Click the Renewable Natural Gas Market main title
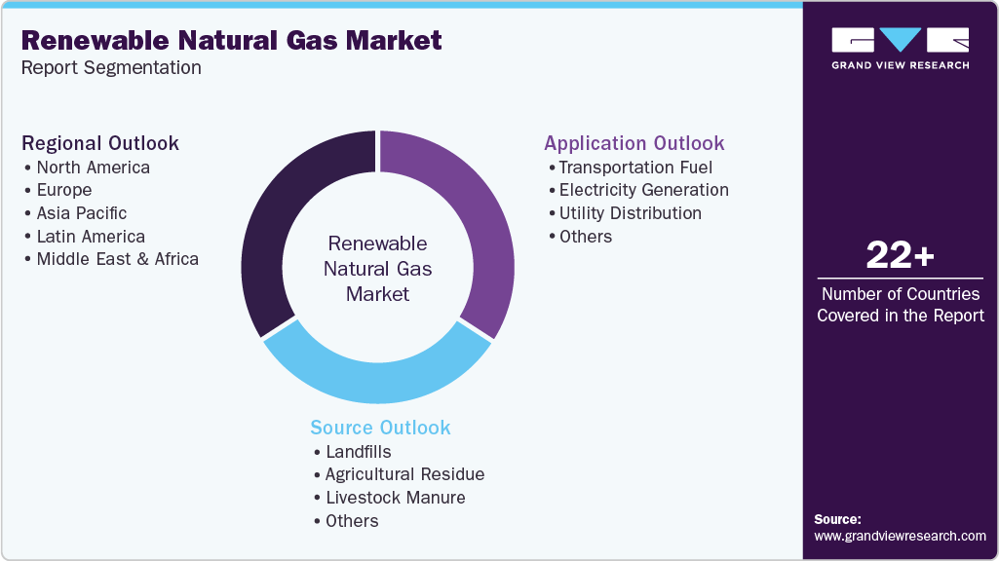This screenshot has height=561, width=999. (x=231, y=40)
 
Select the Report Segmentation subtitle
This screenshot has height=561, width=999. (x=111, y=68)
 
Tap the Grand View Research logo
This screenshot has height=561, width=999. (x=900, y=48)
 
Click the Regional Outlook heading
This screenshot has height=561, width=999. (x=100, y=143)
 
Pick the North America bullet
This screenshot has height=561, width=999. (x=93, y=168)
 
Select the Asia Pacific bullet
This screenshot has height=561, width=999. (x=81, y=213)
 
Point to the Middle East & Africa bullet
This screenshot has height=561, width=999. (x=117, y=259)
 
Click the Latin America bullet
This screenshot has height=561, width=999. (x=91, y=237)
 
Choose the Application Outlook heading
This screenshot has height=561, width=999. (x=634, y=143)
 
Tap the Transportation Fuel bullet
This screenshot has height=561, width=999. (x=635, y=168)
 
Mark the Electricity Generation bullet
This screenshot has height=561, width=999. (x=643, y=190)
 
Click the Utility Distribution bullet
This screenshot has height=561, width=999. (x=630, y=213)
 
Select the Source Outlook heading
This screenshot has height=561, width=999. (x=380, y=428)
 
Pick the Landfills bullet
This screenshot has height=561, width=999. (x=358, y=452)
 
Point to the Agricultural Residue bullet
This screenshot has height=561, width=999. (x=404, y=474)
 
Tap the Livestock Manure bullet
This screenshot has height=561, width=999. (x=395, y=498)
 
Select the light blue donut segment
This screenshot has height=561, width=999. (x=375, y=375)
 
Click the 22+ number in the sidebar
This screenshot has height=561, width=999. (x=900, y=256)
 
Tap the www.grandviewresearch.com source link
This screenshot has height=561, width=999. (x=900, y=536)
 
